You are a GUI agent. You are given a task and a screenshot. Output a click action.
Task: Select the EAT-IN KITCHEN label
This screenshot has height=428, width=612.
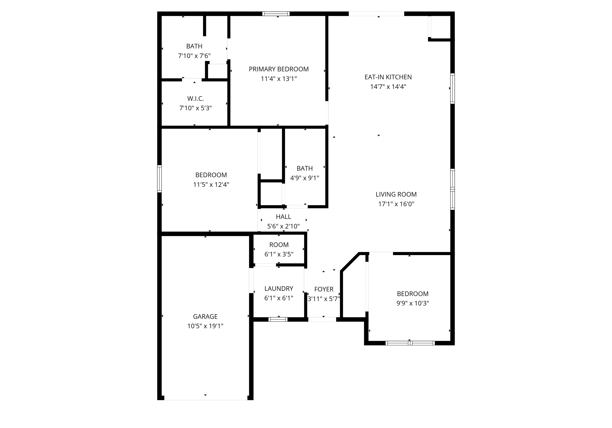tap(388, 77)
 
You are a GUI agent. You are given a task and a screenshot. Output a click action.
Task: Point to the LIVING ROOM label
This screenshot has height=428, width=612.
tap(396, 195)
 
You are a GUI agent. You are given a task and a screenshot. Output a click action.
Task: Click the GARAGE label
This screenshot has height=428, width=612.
tap(205, 317)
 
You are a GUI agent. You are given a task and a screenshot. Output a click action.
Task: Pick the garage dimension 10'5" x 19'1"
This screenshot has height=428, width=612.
tap(205, 326)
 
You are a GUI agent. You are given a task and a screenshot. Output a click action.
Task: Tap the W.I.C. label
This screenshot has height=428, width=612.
tap(195, 99)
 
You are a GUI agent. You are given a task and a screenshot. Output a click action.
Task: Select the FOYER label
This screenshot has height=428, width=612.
tap(324, 289)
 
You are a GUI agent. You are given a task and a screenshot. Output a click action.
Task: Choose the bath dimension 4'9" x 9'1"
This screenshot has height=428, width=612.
tap(304, 178)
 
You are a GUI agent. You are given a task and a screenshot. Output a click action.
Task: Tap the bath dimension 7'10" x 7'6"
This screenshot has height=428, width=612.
tap(194, 56)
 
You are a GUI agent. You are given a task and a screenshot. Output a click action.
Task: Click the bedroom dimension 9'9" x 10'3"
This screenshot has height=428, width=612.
tap(412, 303)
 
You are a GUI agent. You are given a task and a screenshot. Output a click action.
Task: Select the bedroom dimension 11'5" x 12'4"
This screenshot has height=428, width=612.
tap(211, 185)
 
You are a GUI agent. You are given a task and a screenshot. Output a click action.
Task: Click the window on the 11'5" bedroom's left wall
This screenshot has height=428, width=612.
tap(159, 179)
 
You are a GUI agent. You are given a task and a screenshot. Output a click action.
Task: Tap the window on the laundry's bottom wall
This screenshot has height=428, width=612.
tap(278, 320)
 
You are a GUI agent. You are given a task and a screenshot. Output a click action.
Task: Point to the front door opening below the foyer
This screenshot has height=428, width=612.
tap(322, 320)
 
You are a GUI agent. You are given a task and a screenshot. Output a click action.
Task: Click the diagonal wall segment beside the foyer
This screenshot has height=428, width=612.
tap(350, 262)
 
